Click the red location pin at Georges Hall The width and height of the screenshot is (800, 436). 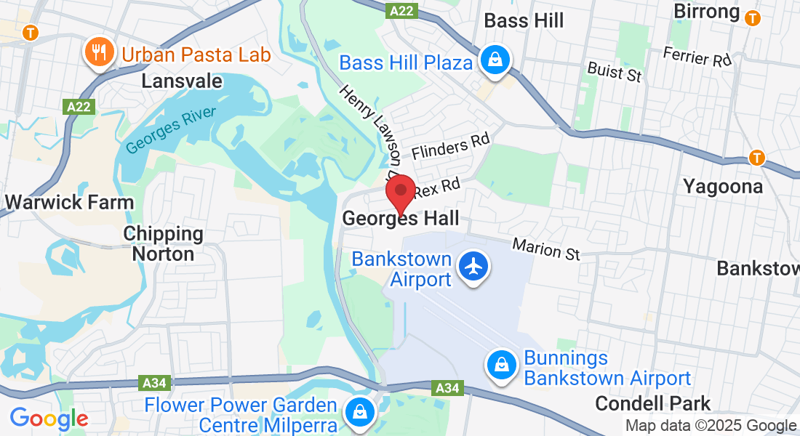click(400, 193)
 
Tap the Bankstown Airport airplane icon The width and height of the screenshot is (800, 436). click(473, 267)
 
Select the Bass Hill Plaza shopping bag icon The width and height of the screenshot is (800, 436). click(495, 60)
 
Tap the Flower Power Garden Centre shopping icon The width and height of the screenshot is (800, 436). click(359, 411)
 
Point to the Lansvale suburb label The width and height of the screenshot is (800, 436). click(182, 81)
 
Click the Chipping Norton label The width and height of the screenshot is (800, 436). click(163, 243)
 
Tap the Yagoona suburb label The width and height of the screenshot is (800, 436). click(722, 187)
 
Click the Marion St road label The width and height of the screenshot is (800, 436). click(546, 249)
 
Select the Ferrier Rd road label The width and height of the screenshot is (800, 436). click(696, 57)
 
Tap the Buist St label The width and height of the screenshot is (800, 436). click(615, 71)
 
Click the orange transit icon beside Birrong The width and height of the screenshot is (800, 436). click(753, 16)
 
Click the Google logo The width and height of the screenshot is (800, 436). click(49, 419)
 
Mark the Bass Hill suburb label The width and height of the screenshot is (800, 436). click(524, 20)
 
